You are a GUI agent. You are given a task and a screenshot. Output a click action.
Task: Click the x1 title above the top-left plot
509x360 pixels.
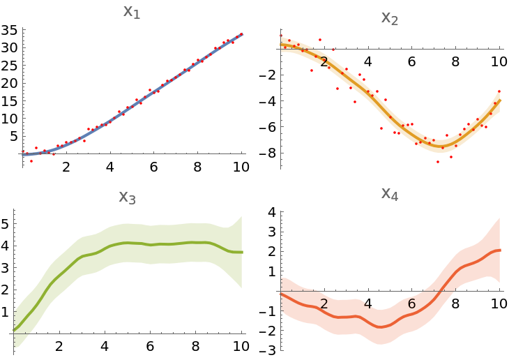131,12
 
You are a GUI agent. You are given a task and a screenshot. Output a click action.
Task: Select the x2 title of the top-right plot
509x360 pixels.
389,18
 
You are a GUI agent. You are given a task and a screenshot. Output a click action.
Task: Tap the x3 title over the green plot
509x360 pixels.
127,197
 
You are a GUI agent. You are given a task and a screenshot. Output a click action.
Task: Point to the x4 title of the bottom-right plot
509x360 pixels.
389,193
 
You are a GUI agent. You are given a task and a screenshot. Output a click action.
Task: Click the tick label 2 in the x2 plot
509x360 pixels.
324,63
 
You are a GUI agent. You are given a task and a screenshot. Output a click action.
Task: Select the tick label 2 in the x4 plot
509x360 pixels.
324,304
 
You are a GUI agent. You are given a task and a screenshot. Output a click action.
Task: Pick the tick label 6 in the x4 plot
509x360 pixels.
411,304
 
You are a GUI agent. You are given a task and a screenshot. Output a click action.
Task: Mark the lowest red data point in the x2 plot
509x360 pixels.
438,162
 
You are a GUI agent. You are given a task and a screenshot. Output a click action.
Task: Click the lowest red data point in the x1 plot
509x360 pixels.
31,161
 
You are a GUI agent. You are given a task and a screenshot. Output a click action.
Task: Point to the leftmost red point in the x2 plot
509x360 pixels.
281,37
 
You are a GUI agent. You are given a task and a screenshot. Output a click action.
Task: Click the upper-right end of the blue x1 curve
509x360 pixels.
241,33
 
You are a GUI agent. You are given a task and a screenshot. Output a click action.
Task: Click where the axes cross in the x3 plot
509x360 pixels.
14,333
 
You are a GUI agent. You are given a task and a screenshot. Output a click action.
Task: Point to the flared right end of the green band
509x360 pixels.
240,251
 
